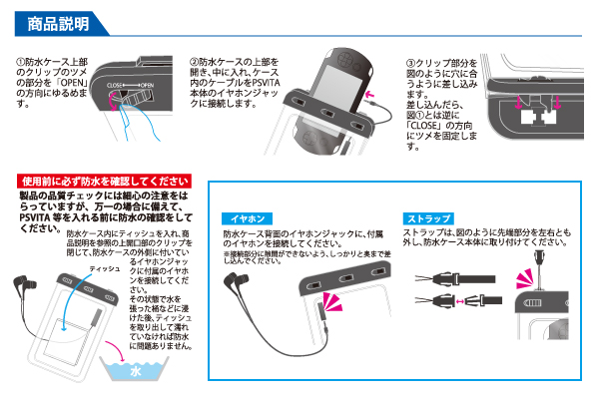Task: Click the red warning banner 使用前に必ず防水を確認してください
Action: (x=105, y=181)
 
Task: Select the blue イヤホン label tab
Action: (x=247, y=218)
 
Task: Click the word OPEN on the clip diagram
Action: (x=148, y=88)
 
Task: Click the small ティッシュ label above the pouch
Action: (x=104, y=270)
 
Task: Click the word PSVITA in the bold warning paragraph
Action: (x=40, y=215)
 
